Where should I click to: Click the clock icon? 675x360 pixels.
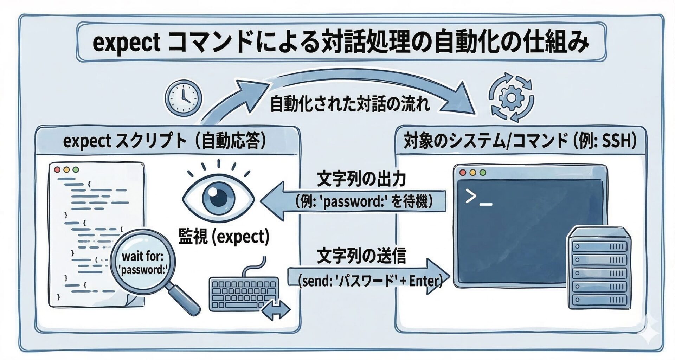point(184,97)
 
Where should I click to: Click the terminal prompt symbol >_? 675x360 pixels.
point(477,198)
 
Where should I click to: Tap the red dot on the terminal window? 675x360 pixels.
point(463,173)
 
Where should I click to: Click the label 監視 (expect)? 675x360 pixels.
point(224,237)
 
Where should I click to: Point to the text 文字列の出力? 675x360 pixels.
point(361,179)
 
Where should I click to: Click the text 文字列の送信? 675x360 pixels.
point(361,256)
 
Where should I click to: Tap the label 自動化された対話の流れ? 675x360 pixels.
point(350,104)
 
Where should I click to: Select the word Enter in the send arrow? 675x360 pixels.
point(424,281)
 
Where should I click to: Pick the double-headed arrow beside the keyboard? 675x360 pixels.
point(276,310)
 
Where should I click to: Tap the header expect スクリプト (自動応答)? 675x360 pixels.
point(164,142)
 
